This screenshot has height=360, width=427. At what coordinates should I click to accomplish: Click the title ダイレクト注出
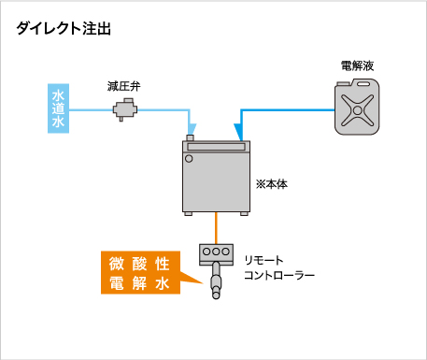click(64, 29)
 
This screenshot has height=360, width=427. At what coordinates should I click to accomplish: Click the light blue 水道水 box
click(58, 110)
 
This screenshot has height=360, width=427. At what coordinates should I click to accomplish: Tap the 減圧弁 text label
click(123, 86)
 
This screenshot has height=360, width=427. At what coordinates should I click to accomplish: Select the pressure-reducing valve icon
click(123, 110)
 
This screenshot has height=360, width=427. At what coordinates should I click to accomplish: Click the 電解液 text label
click(359, 65)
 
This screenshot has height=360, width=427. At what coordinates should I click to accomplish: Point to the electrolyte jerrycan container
click(358, 110)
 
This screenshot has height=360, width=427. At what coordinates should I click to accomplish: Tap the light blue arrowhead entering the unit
click(192, 130)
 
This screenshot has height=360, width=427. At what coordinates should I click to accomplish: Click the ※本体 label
click(271, 185)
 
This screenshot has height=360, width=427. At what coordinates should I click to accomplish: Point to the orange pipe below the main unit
click(217, 227)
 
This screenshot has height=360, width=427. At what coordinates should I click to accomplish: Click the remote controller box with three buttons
click(217, 252)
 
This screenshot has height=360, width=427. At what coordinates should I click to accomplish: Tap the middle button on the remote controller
click(217, 252)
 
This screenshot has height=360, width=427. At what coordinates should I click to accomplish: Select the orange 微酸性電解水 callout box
click(140, 272)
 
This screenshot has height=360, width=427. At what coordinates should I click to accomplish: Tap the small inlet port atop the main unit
click(190, 139)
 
